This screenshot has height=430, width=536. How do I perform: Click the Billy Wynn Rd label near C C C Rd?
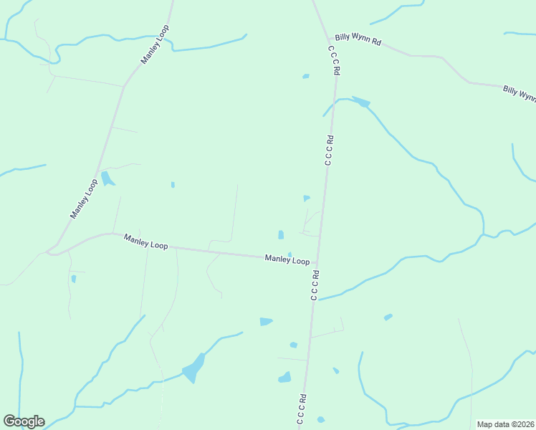click(x=358, y=39)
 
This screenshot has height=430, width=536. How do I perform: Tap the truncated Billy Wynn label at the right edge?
click(x=519, y=93)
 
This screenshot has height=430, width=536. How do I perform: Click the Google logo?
click(x=24, y=421)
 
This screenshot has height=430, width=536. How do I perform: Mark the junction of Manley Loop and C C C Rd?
click(x=317, y=262)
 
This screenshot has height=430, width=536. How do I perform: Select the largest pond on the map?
click(x=193, y=368)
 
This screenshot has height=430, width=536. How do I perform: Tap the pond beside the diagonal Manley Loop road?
click(x=107, y=178)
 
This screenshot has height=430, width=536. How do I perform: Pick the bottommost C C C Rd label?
click(x=303, y=409)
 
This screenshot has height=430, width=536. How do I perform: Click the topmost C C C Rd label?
click(x=334, y=62)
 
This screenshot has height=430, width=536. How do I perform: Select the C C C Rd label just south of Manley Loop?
click(x=314, y=285)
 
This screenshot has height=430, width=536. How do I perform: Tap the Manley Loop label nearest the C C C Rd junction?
click(x=287, y=259)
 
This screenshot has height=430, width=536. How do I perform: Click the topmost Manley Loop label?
click(x=155, y=44)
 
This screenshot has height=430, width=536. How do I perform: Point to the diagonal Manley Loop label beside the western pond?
click(x=84, y=199)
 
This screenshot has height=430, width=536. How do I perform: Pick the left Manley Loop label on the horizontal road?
click(x=145, y=242)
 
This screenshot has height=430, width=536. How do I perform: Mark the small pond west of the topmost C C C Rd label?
click(x=306, y=76)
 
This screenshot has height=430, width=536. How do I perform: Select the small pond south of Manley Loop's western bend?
click(x=74, y=279)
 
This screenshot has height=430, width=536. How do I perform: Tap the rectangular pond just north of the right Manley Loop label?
click(x=281, y=234)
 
